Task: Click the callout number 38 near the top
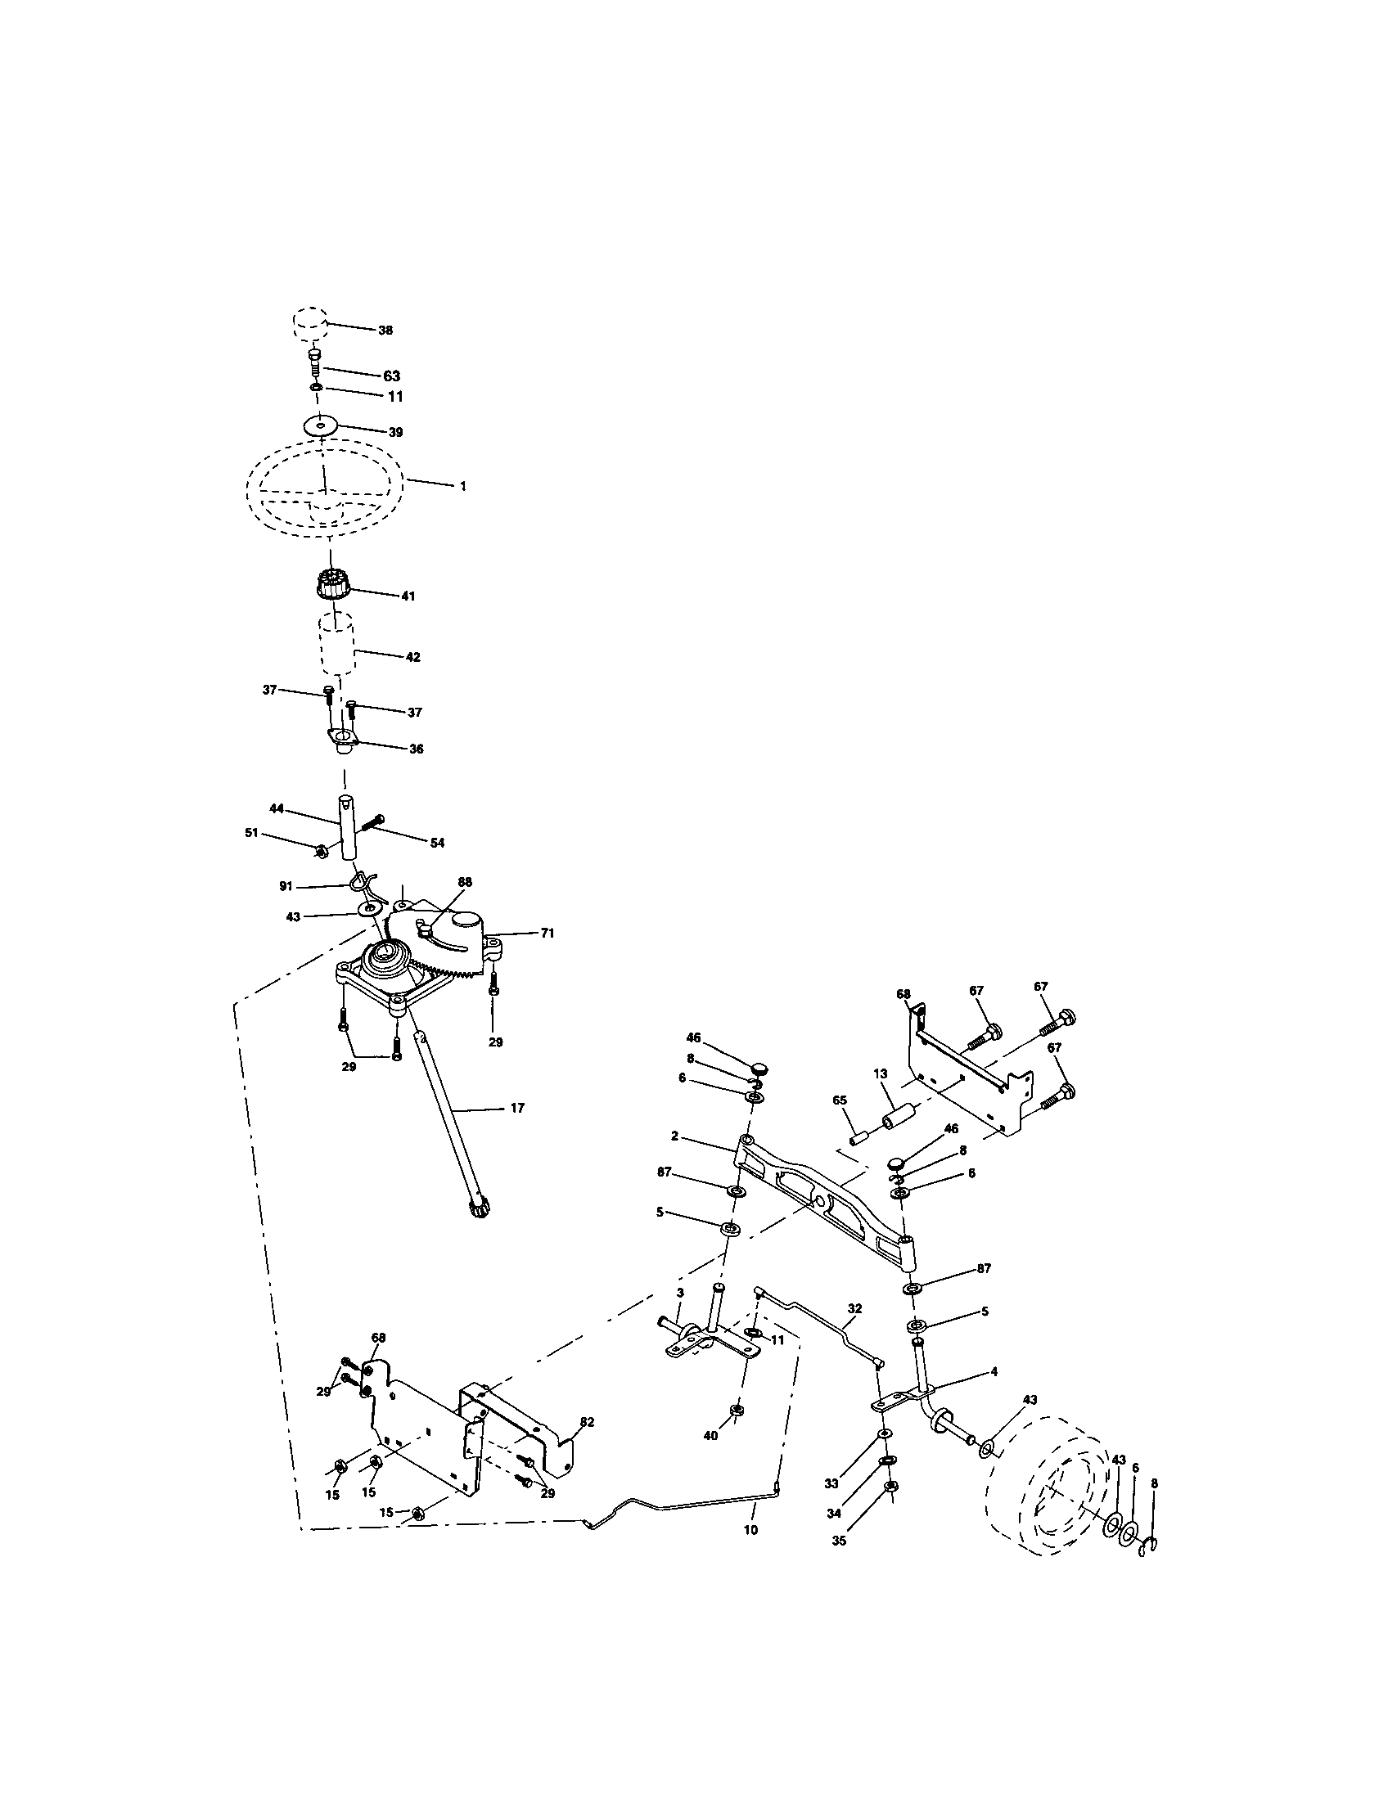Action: pyautogui.click(x=385, y=331)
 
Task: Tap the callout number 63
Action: pyautogui.click(x=391, y=376)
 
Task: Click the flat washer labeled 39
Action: pyautogui.click(x=321, y=426)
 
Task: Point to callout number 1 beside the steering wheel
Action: pyautogui.click(x=463, y=487)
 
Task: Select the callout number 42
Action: pyautogui.click(x=413, y=657)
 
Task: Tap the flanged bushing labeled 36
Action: pyautogui.click(x=342, y=740)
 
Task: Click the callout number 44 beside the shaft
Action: pyautogui.click(x=276, y=808)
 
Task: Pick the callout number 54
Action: pyautogui.click(x=437, y=842)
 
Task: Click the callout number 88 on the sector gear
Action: pyautogui.click(x=465, y=881)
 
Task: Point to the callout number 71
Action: pyautogui.click(x=547, y=934)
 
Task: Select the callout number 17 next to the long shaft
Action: pyautogui.click(x=516, y=1109)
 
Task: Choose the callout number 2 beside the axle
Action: pyautogui.click(x=674, y=1136)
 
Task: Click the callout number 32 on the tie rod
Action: pyautogui.click(x=854, y=1308)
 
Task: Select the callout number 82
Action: pyautogui.click(x=587, y=1422)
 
